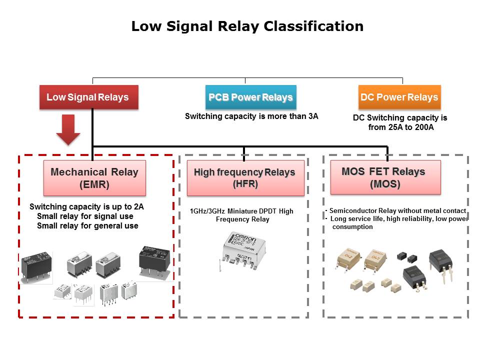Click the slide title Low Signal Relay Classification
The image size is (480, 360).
tap(247, 26)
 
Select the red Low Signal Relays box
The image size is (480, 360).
tap(88, 97)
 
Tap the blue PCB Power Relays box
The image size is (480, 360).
tap(250, 97)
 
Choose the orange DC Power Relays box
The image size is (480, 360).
tap(399, 97)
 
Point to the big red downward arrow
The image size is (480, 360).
tap(68, 129)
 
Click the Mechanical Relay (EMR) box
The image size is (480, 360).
tap(94, 177)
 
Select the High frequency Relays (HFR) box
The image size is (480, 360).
tap(245, 177)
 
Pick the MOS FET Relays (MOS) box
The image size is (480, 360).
tap(385, 177)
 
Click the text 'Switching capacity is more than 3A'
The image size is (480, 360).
tap(251, 116)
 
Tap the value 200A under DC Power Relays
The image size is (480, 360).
tap(423, 127)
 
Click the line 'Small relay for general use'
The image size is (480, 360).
tap(87, 226)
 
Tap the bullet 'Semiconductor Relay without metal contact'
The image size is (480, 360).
tap(397, 211)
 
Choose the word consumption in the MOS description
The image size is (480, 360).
tap(352, 226)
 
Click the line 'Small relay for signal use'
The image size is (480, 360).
tap(85, 216)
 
